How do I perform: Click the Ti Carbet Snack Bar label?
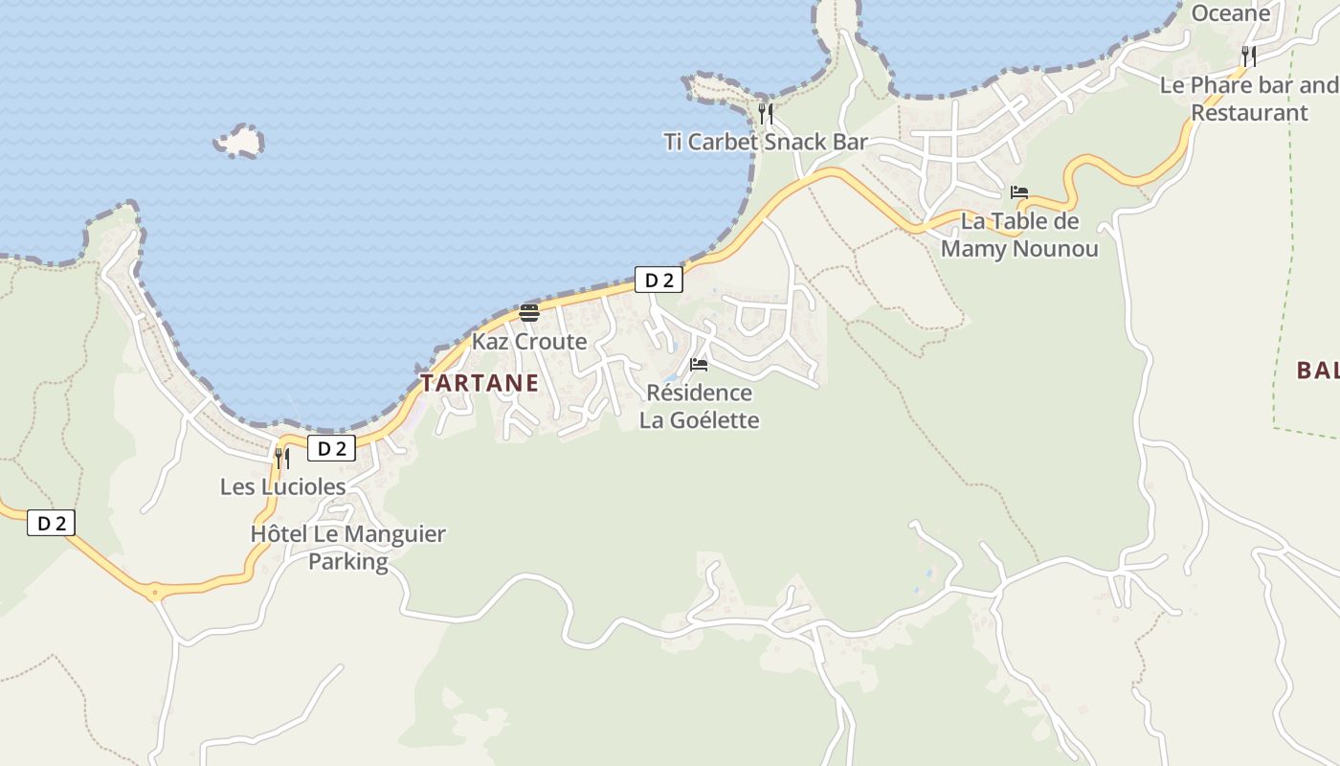pos(766,143)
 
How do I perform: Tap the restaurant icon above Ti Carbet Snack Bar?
pos(766,115)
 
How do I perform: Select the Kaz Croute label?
pos(528,342)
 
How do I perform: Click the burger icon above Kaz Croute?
pos(529,312)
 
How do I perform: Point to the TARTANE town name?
pos(480,384)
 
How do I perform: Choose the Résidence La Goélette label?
pos(699,407)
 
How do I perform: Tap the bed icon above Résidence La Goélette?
pos(699,365)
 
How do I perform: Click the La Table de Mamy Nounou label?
pos(1019,236)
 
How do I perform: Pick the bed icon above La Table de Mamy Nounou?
pos(1019,192)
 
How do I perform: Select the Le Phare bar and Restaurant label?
pos(1248,99)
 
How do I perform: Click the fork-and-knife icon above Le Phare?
pos(1249,56)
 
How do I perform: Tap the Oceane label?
pos(1230,13)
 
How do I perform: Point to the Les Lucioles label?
pos(282,486)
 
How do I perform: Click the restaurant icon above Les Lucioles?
pos(281,458)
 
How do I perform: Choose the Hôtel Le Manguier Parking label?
pos(347,548)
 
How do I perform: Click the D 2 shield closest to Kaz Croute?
pos(659,280)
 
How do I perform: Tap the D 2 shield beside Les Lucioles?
pos(331,448)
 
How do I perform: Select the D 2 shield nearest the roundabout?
pos(51,523)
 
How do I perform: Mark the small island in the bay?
pos(239,142)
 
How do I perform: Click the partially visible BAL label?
pos(1318,371)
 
